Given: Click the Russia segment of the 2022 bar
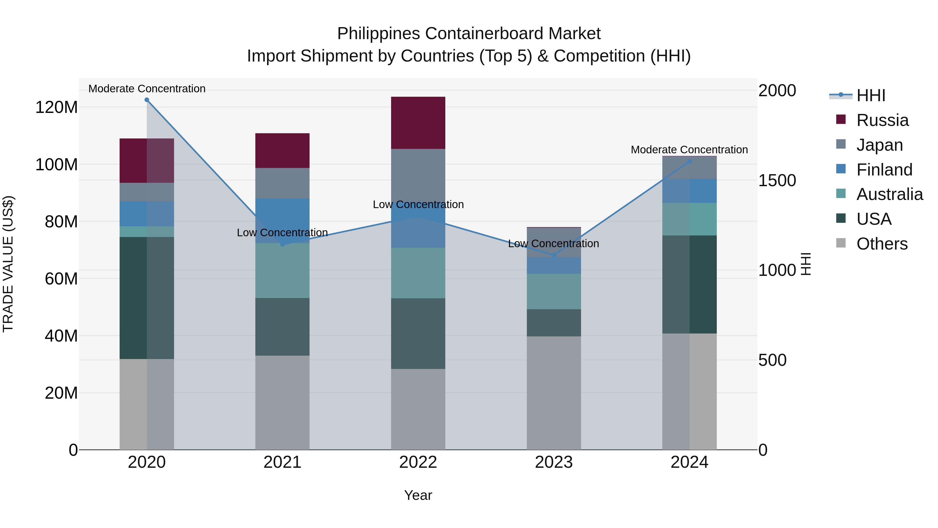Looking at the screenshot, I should point(418,123).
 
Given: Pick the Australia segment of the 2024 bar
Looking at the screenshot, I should point(689,219).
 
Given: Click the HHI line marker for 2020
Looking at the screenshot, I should point(147,100).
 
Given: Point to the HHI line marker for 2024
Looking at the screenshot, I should point(689,161).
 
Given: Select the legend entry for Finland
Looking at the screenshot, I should point(884,170).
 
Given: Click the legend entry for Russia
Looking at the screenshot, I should point(882,120).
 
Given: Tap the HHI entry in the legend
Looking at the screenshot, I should point(871,95).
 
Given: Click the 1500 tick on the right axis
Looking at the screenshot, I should point(777,180).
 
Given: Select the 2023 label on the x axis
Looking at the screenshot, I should point(553,462).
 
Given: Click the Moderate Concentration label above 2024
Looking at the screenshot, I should point(689,150).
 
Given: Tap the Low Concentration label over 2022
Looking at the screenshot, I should point(418,204).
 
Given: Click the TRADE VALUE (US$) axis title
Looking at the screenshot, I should point(8,264).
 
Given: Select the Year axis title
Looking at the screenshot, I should point(418,495).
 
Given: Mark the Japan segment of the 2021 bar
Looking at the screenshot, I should point(282,183).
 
